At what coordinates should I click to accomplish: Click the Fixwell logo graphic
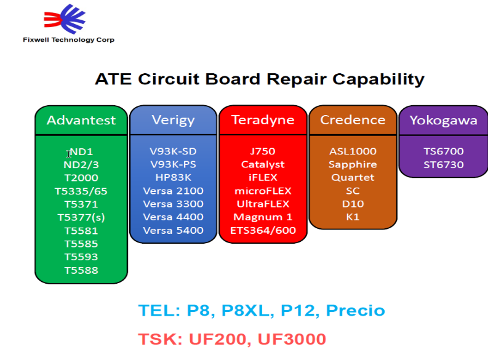[65, 18]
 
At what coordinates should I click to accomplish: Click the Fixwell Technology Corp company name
[68, 40]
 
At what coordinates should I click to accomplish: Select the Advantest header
[81, 120]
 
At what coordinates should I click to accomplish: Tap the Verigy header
[173, 120]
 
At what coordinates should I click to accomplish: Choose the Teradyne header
[263, 120]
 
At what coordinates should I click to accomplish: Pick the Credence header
[353, 120]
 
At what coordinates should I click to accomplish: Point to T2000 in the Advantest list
[81, 178]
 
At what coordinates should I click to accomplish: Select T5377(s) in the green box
[81, 217]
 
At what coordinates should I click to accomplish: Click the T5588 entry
[81, 270]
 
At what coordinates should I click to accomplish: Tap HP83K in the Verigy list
[173, 177]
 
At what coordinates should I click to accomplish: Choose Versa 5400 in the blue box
[173, 230]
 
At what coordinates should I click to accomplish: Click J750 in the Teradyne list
[263, 151]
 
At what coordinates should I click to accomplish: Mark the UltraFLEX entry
[263, 204]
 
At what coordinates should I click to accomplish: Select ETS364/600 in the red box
[263, 230]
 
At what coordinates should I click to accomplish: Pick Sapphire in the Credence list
[353, 164]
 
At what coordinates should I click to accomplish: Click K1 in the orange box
[353, 217]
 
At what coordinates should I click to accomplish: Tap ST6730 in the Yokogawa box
[443, 164]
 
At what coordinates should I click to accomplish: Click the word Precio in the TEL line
[355, 310]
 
